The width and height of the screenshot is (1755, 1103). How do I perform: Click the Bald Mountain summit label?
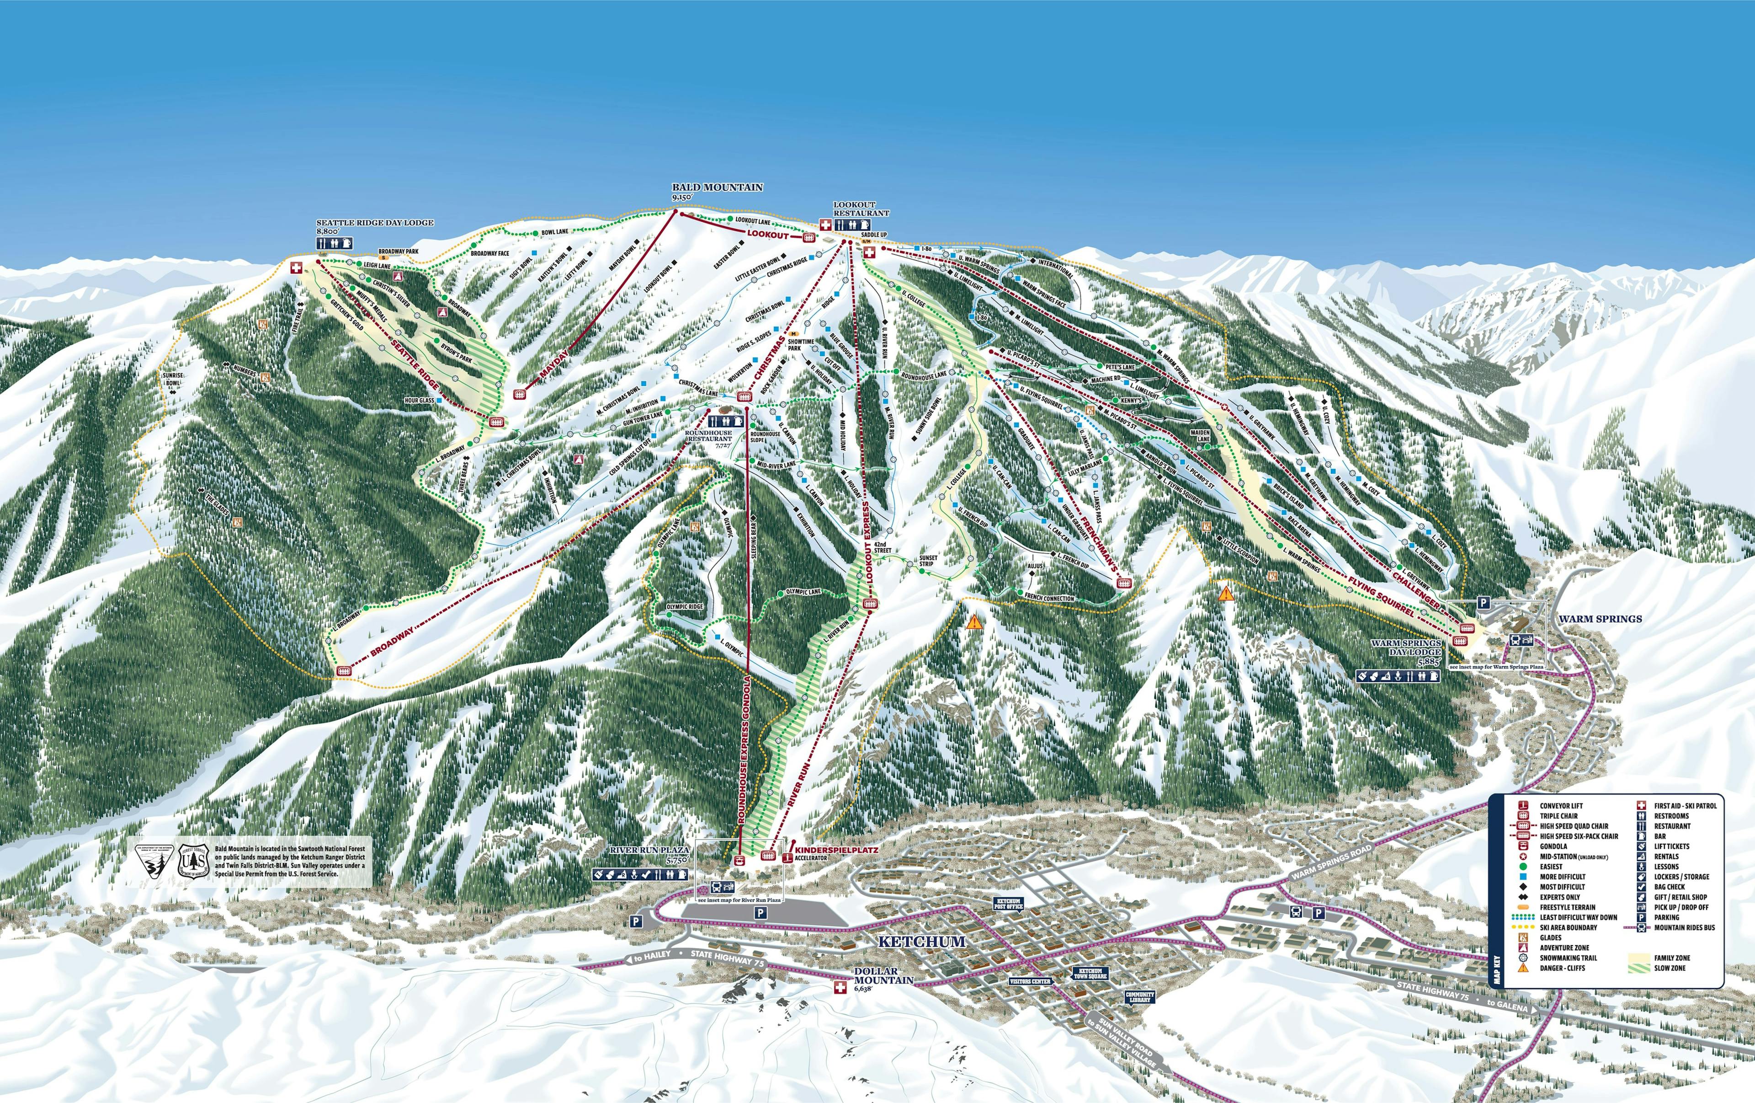click(x=717, y=187)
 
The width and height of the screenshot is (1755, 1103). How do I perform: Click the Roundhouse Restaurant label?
click(x=708, y=436)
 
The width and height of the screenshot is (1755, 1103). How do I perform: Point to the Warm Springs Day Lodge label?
click(x=1406, y=648)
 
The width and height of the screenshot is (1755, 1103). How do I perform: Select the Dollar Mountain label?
click(x=883, y=976)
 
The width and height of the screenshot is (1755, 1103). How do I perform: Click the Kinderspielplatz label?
click(x=837, y=850)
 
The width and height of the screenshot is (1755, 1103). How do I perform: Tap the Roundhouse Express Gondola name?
click(x=745, y=751)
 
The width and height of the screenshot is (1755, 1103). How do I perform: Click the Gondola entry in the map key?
click(x=1553, y=846)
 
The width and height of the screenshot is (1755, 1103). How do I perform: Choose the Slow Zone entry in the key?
click(x=1670, y=968)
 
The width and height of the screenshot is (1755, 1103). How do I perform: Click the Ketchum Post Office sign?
click(x=1009, y=904)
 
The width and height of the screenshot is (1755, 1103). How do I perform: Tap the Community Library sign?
click(x=1139, y=996)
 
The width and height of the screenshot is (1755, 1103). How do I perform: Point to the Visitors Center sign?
click(x=1030, y=981)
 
